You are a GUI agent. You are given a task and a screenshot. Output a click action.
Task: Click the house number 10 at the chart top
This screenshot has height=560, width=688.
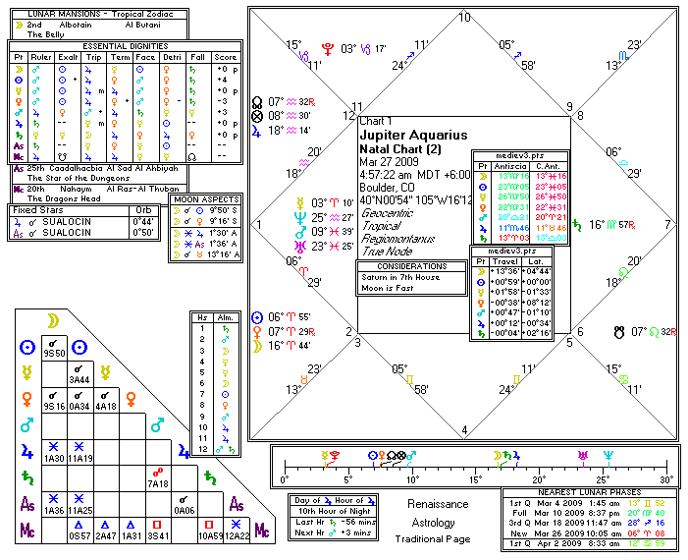coord(463,17)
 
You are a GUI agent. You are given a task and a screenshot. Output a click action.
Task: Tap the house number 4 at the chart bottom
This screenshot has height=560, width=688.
coord(464,430)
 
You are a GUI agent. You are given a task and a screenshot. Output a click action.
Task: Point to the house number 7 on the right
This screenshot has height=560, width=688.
coord(668,224)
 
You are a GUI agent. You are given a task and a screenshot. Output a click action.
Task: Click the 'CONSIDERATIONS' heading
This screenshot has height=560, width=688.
coord(411,265)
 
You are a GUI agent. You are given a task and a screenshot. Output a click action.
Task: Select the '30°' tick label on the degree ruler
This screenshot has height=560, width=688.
coord(666,479)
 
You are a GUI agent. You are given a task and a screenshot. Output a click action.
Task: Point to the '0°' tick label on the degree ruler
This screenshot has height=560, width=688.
coord(285,479)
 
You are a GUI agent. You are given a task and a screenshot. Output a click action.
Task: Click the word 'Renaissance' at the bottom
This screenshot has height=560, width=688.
coord(438,504)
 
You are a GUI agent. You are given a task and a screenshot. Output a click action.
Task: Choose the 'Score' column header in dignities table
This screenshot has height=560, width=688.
coord(225,57)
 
